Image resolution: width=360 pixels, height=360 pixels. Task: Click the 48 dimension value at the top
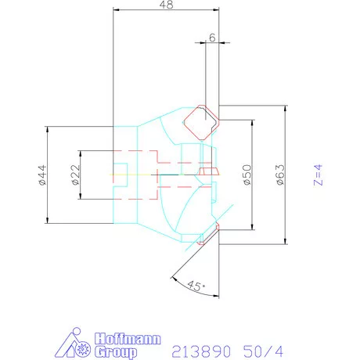pyautogui.click(x=166, y=5)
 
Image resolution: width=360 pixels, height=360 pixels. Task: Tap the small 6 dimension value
pyautogui.click(x=212, y=38)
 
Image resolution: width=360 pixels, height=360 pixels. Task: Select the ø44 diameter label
pyautogui.click(x=42, y=175)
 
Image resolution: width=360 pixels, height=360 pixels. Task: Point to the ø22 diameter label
pyautogui.click(x=75, y=175)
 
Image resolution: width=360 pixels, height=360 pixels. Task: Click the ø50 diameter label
pyautogui.click(x=247, y=175)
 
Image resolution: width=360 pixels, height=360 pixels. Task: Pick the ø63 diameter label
pyautogui.click(x=280, y=175)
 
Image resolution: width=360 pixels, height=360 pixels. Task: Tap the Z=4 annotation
pyautogui.click(x=319, y=175)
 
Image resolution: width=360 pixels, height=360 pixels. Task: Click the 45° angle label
pyautogui.click(x=196, y=286)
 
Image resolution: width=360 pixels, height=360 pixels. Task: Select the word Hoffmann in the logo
pyautogui.click(x=128, y=339)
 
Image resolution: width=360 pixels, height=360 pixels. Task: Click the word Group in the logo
pyautogui.click(x=116, y=352)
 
